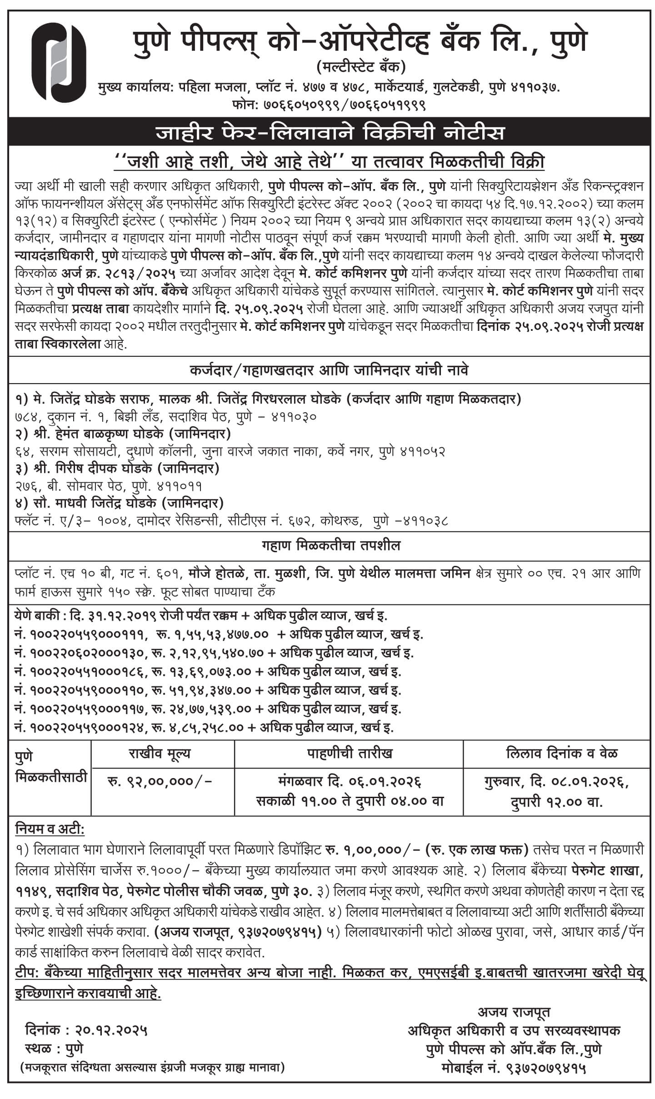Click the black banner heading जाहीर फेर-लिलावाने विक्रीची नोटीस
pos(330,133)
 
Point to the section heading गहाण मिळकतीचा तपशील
pos(331,545)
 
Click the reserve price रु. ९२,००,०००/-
pos(160,781)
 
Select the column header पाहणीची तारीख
pos(349,754)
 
